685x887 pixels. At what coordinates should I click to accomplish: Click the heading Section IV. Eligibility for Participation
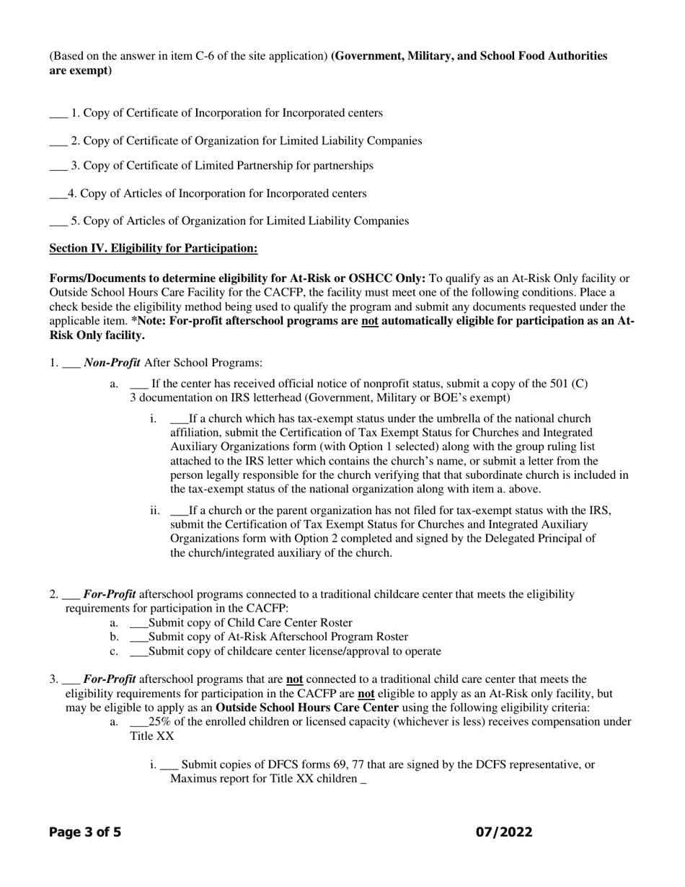[153, 249]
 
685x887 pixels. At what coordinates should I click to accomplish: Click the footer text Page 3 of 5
[85, 832]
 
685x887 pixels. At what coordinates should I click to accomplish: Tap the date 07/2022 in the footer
[504, 832]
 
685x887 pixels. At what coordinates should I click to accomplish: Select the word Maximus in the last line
[191, 779]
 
